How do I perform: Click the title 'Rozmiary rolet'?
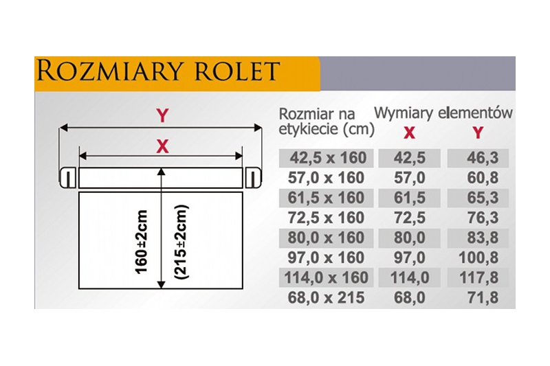coord(158,71)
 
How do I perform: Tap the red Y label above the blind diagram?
coord(162,115)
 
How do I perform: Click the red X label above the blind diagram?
coord(162,146)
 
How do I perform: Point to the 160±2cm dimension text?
coord(141,242)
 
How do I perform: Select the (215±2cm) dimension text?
coord(181,242)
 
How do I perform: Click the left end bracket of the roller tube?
coord(67,178)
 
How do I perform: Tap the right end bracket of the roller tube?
coord(253,178)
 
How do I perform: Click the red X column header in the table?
coord(409,133)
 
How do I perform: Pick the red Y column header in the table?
coord(478,133)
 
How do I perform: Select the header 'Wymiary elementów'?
coord(443,113)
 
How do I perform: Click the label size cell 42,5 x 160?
coord(328,158)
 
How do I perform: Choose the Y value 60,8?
coord(483,178)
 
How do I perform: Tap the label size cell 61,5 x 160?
coord(326,198)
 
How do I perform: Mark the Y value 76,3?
coord(483,218)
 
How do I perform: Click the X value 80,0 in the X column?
coord(409,238)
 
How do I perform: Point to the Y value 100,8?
coord(478,258)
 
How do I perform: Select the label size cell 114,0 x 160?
coord(326,277)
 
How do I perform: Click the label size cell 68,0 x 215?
coord(326,298)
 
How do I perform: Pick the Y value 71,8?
coord(483,298)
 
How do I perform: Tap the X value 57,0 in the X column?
coord(409,178)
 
